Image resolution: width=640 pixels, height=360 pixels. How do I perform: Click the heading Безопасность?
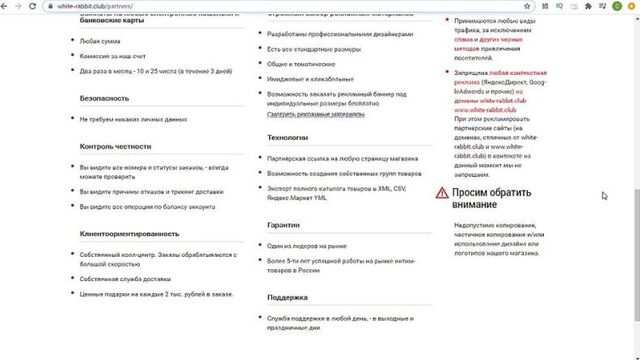click(105, 99)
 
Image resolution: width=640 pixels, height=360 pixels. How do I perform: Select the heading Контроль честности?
click(115, 146)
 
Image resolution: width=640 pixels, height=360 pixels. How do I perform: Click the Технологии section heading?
click(288, 137)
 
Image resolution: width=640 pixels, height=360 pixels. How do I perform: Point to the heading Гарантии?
click(283, 225)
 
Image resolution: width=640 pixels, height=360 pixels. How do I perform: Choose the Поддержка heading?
click(287, 297)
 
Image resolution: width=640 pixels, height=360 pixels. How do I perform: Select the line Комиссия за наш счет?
click(120, 57)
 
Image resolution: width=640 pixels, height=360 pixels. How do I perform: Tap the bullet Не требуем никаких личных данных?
click(134, 119)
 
